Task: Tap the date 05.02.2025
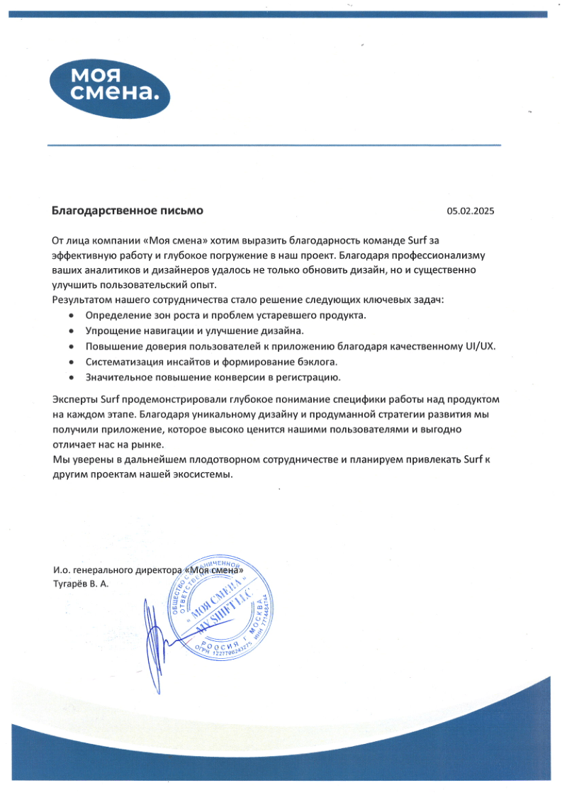point(470,211)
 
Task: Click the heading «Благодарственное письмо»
point(128,211)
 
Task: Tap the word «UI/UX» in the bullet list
point(480,346)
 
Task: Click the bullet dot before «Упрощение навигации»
point(72,331)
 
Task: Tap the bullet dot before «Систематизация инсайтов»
point(72,362)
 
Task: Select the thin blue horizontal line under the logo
point(274,145)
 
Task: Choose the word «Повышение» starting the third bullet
point(110,346)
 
